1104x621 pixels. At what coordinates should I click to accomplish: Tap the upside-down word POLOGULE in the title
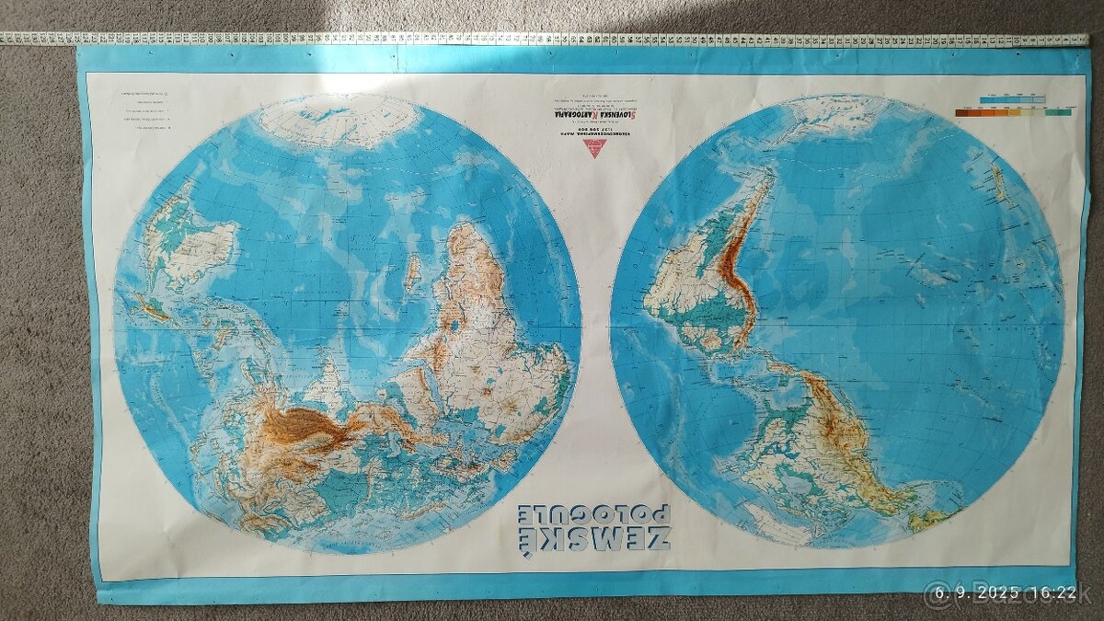[593, 513]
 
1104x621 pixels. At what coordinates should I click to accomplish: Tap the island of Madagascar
[413, 272]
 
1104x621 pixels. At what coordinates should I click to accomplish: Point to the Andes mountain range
[736, 248]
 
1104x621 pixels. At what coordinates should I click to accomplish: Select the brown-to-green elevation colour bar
[1012, 112]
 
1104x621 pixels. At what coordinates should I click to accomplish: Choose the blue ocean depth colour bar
[1012, 98]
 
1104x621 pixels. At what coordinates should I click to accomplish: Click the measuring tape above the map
[552, 40]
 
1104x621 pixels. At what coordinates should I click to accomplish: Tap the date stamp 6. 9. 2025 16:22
[999, 593]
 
